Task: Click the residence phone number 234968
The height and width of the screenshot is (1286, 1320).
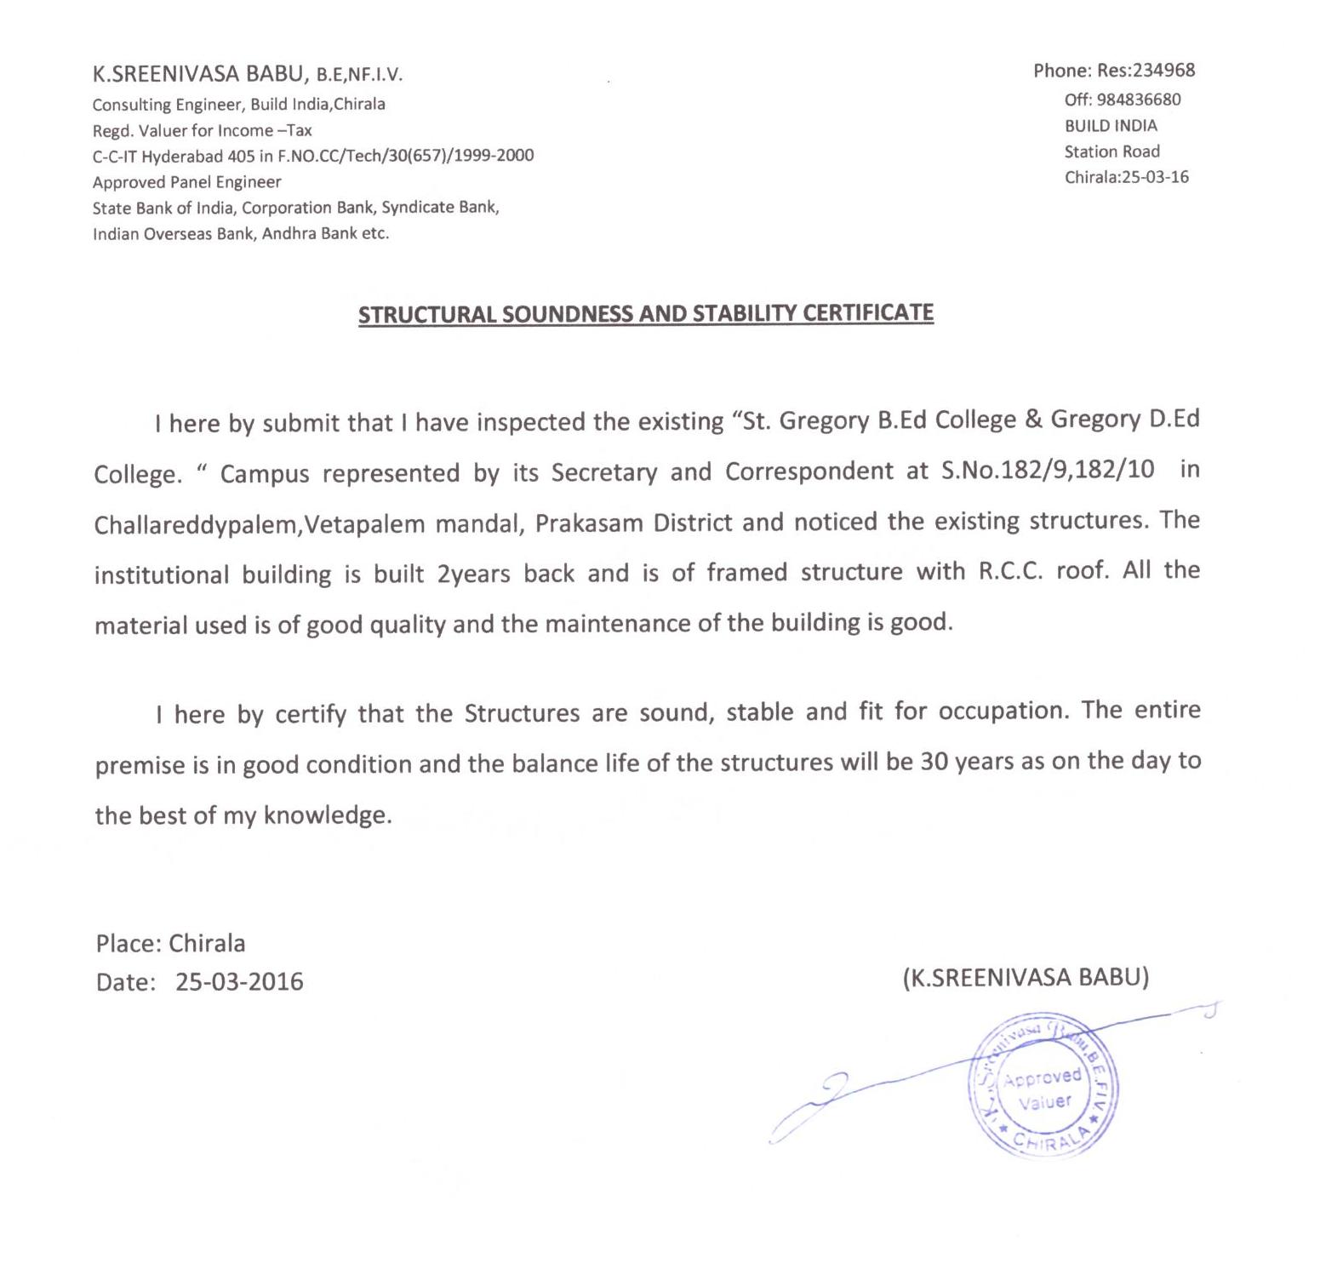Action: [1160, 71]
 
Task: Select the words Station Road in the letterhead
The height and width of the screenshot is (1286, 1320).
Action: [1111, 151]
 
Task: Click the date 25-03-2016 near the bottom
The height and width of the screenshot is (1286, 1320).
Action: [239, 982]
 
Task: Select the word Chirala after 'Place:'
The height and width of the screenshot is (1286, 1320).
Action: [207, 944]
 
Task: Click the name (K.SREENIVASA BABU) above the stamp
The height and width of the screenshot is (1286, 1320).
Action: [1026, 977]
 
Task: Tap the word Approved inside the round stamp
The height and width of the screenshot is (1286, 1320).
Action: [1042, 1078]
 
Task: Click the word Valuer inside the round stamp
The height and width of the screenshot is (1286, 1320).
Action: [1044, 1102]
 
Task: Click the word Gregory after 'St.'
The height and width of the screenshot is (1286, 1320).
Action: [824, 420]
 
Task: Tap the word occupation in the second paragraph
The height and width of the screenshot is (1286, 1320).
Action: [1002, 711]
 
